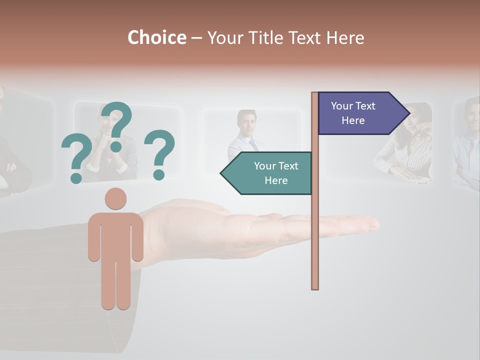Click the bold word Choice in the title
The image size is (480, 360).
[x=156, y=37]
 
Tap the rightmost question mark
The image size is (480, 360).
[x=159, y=153]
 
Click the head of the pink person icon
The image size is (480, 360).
[x=115, y=198]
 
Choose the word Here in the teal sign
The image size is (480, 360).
[x=276, y=180]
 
